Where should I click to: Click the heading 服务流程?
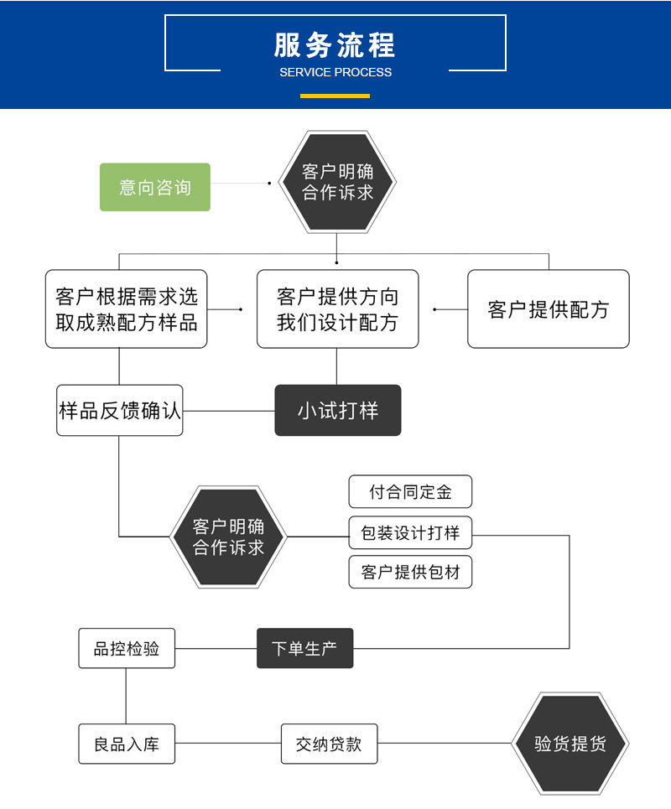[x=335, y=44]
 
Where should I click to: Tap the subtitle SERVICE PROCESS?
[x=335, y=72]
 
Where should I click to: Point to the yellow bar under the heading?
[x=335, y=96]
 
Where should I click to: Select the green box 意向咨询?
[x=155, y=187]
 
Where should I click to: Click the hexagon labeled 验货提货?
[x=570, y=744]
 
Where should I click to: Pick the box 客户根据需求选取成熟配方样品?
[x=127, y=309]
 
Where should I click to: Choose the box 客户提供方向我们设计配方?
[x=337, y=309]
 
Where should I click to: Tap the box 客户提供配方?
[x=549, y=309]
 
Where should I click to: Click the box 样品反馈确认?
[x=120, y=411]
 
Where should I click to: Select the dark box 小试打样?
[x=338, y=411]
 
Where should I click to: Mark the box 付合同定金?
[x=410, y=492]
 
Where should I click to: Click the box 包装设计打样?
[x=410, y=532]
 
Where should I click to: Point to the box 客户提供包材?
[x=410, y=572]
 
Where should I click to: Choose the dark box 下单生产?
[x=304, y=648]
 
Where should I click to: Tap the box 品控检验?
[x=127, y=648]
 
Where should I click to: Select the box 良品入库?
[x=127, y=744]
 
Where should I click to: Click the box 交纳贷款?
[x=329, y=744]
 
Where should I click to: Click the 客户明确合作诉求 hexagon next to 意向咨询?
[x=337, y=182]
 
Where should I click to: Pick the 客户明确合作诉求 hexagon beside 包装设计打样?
[x=228, y=537]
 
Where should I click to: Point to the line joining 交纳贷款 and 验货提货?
[x=445, y=744]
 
